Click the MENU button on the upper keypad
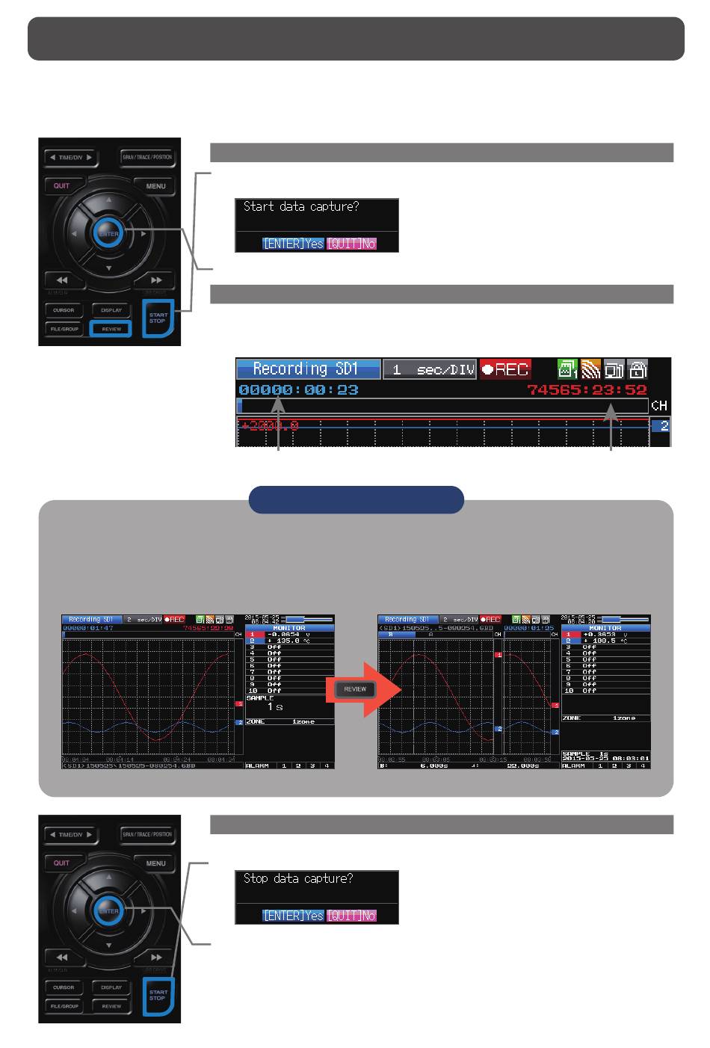(155, 185)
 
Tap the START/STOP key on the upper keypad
(158, 318)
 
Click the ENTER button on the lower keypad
(108, 911)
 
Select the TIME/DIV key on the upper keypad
(71, 158)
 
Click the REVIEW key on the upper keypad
(111, 329)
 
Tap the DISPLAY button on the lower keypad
(111, 987)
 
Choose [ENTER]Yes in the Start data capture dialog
(293, 244)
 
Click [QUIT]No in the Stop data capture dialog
(351, 916)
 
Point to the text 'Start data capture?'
(301, 206)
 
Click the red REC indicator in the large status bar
(505, 369)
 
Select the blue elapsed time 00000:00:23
(298, 389)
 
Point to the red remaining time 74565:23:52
(587, 389)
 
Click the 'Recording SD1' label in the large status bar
(308, 369)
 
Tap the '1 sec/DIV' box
(430, 369)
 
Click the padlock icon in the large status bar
(638, 369)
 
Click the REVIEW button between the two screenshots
(355, 689)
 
